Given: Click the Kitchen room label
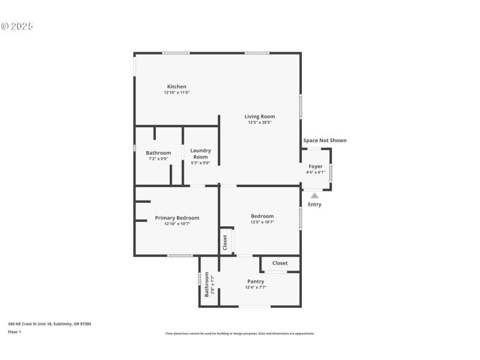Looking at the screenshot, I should click(176, 86).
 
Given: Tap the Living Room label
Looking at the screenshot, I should click(260, 116).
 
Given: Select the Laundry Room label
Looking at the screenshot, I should click(200, 154).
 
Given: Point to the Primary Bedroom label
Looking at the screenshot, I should click(177, 218).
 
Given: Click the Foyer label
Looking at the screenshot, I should click(315, 166).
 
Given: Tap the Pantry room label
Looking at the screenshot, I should click(256, 281).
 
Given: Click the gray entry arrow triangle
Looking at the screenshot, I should click(314, 194).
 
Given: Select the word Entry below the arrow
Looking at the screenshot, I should click(314, 205).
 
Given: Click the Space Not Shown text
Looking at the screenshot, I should click(325, 140).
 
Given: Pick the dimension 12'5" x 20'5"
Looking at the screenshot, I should click(260, 122).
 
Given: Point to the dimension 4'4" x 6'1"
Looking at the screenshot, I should click(315, 172).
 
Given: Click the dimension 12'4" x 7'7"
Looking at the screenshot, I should click(256, 287).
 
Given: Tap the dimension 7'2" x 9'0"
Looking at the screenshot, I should click(158, 158).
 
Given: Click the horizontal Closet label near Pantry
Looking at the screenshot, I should click(280, 263).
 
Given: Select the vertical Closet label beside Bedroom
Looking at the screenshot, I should click(226, 242).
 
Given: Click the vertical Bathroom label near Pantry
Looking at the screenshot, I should click(207, 284).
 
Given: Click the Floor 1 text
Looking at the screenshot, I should click(14, 332).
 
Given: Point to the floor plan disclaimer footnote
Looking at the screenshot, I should click(239, 334).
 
